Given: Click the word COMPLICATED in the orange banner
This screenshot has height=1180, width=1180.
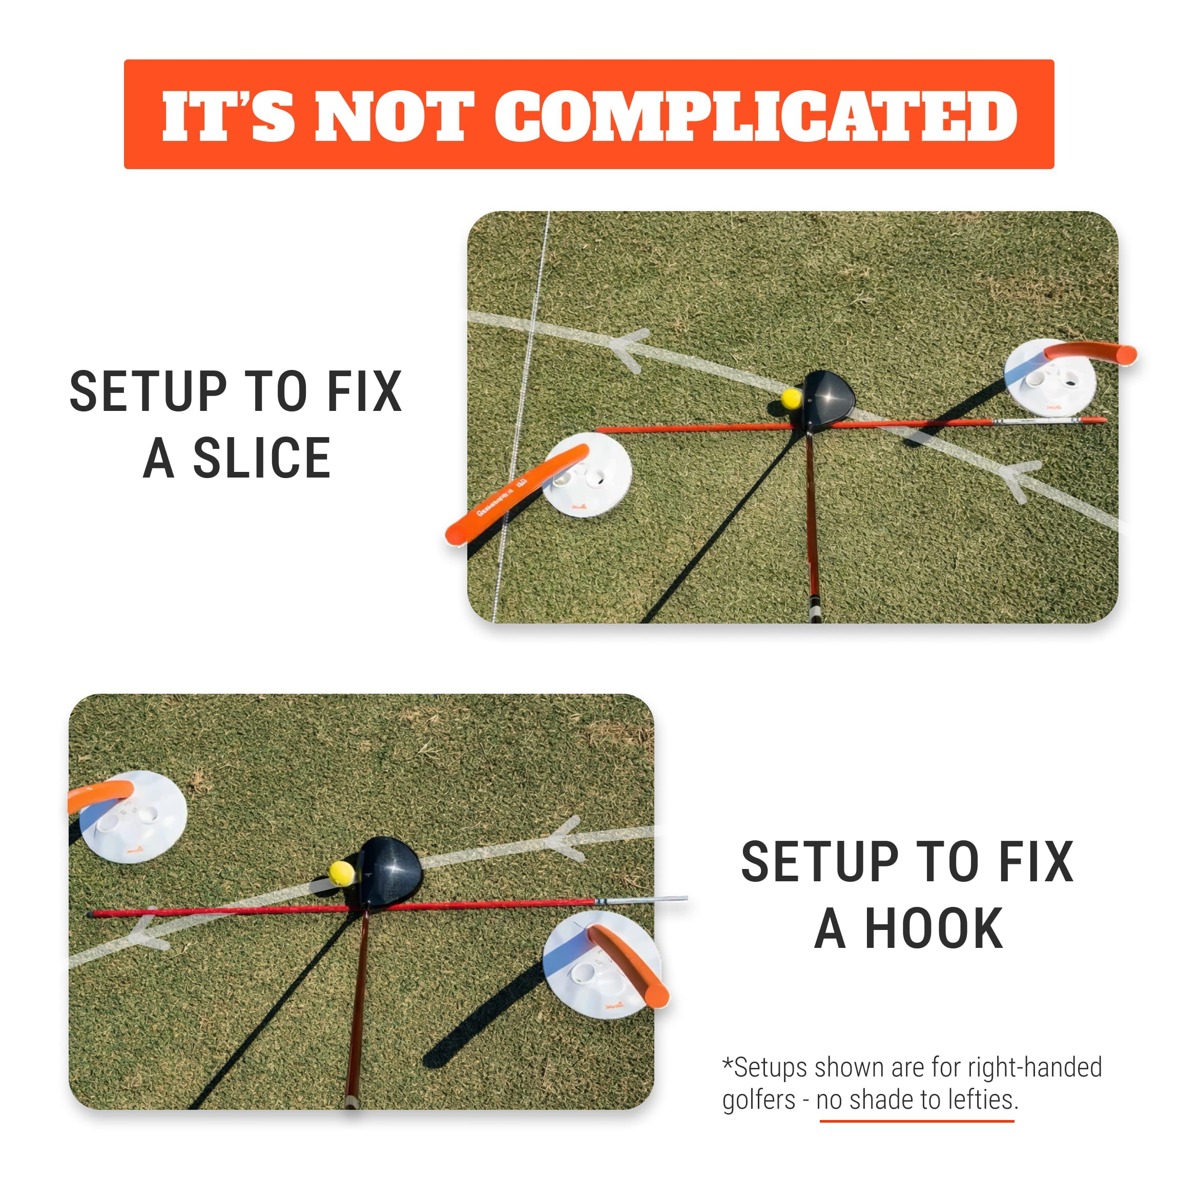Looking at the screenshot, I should pyautogui.click(x=756, y=116).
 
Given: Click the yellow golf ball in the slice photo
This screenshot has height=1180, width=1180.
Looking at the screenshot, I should pyautogui.click(x=791, y=399).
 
